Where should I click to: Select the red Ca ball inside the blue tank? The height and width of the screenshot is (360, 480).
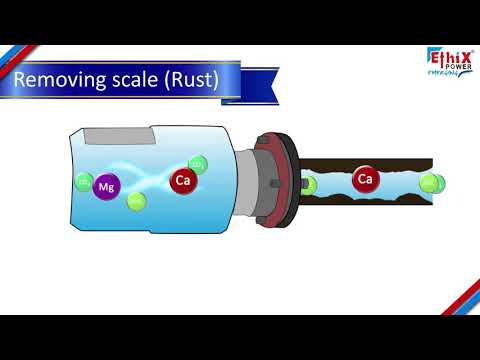click(182, 181)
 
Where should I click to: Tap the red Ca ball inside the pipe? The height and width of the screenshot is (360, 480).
click(365, 181)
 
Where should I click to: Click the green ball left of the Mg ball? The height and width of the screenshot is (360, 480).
click(84, 182)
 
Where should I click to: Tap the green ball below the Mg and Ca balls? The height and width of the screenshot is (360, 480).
click(137, 202)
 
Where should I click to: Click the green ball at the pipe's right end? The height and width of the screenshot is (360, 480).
click(429, 183)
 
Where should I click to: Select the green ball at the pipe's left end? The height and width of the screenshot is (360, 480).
click(309, 184)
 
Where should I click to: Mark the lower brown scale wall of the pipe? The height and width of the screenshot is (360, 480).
click(370, 204)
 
